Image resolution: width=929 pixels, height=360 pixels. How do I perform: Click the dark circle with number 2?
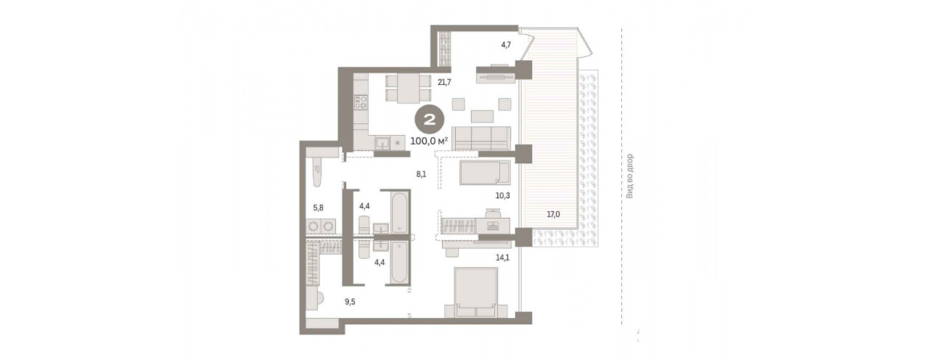[429, 120]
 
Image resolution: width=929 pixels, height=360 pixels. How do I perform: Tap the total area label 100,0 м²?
[429, 141]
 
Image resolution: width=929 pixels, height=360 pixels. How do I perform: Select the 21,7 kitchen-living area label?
[444, 82]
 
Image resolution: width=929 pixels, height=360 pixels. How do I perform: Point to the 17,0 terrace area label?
[553, 214]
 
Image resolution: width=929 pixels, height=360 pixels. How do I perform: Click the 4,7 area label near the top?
[506, 45]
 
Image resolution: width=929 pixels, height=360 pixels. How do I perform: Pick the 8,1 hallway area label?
[422, 174]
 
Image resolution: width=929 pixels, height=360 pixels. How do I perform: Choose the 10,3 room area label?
[503, 195]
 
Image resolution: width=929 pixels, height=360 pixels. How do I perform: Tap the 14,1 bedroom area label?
[503, 258]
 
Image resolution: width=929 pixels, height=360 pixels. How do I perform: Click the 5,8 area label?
[318, 208]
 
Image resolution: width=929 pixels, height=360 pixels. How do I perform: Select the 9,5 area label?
[350, 302]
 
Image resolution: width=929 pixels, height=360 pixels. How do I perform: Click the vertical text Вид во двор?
[629, 176]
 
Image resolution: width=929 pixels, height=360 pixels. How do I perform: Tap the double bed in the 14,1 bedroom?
[476, 292]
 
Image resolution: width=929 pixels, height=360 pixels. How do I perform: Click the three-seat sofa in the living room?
[481, 138]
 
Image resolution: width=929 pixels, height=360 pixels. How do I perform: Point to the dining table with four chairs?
[409, 88]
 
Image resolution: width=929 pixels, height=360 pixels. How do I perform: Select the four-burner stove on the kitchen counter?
[360, 102]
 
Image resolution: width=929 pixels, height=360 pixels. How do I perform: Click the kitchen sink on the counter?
[382, 144]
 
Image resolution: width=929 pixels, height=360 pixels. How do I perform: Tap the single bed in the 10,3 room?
[485, 173]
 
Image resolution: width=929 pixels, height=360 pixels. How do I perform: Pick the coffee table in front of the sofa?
[482, 116]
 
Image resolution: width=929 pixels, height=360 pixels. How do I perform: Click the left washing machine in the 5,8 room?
[313, 227]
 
